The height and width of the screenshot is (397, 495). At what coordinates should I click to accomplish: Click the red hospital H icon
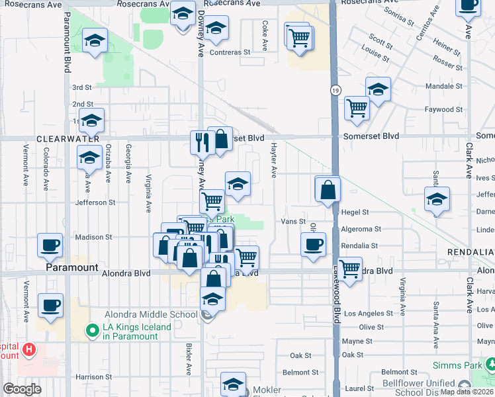(28, 349)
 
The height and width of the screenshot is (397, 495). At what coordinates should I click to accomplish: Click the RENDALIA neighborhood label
(471, 253)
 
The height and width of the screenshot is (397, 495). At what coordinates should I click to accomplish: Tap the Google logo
(22, 389)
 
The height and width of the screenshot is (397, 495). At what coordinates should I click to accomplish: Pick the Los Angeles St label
(365, 313)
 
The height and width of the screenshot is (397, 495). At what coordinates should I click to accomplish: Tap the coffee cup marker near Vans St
(314, 244)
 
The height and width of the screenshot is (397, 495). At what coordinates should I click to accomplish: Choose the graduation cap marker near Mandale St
(378, 89)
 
